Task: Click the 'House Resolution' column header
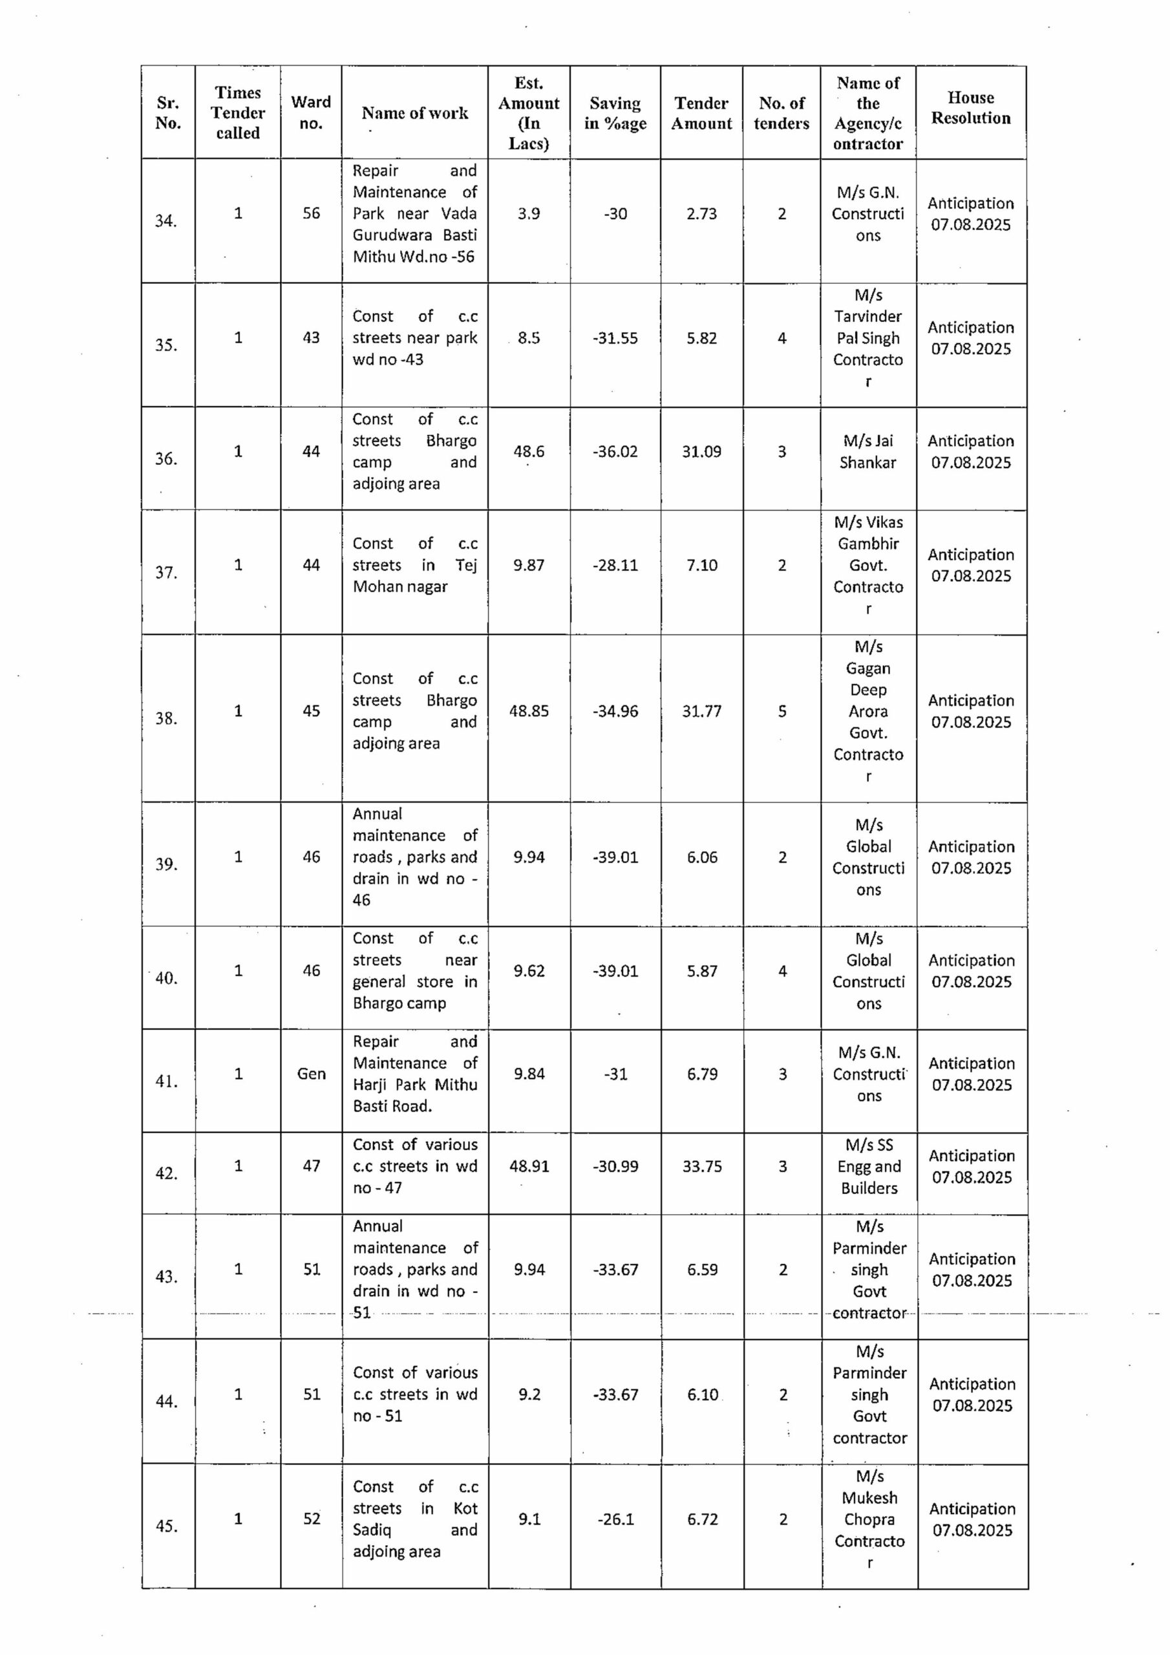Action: (x=970, y=108)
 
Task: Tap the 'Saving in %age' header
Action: (x=615, y=113)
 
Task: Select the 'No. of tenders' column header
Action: (x=782, y=113)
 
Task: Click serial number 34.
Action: (x=167, y=220)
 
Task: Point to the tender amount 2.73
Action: (x=701, y=213)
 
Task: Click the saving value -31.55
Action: (x=615, y=338)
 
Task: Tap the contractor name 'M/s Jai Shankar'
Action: (x=868, y=451)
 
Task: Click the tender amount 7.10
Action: (x=701, y=565)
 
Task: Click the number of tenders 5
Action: (x=782, y=710)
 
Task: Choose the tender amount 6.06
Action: (x=701, y=857)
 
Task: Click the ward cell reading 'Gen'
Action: (x=311, y=1073)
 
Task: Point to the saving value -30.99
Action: (x=615, y=1166)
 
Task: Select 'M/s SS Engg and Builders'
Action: (x=869, y=1166)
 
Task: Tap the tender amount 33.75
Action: (x=701, y=1166)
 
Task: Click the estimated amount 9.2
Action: (x=529, y=1394)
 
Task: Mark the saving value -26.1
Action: (x=615, y=1519)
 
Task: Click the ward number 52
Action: (x=312, y=1518)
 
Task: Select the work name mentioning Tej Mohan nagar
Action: (x=414, y=565)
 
